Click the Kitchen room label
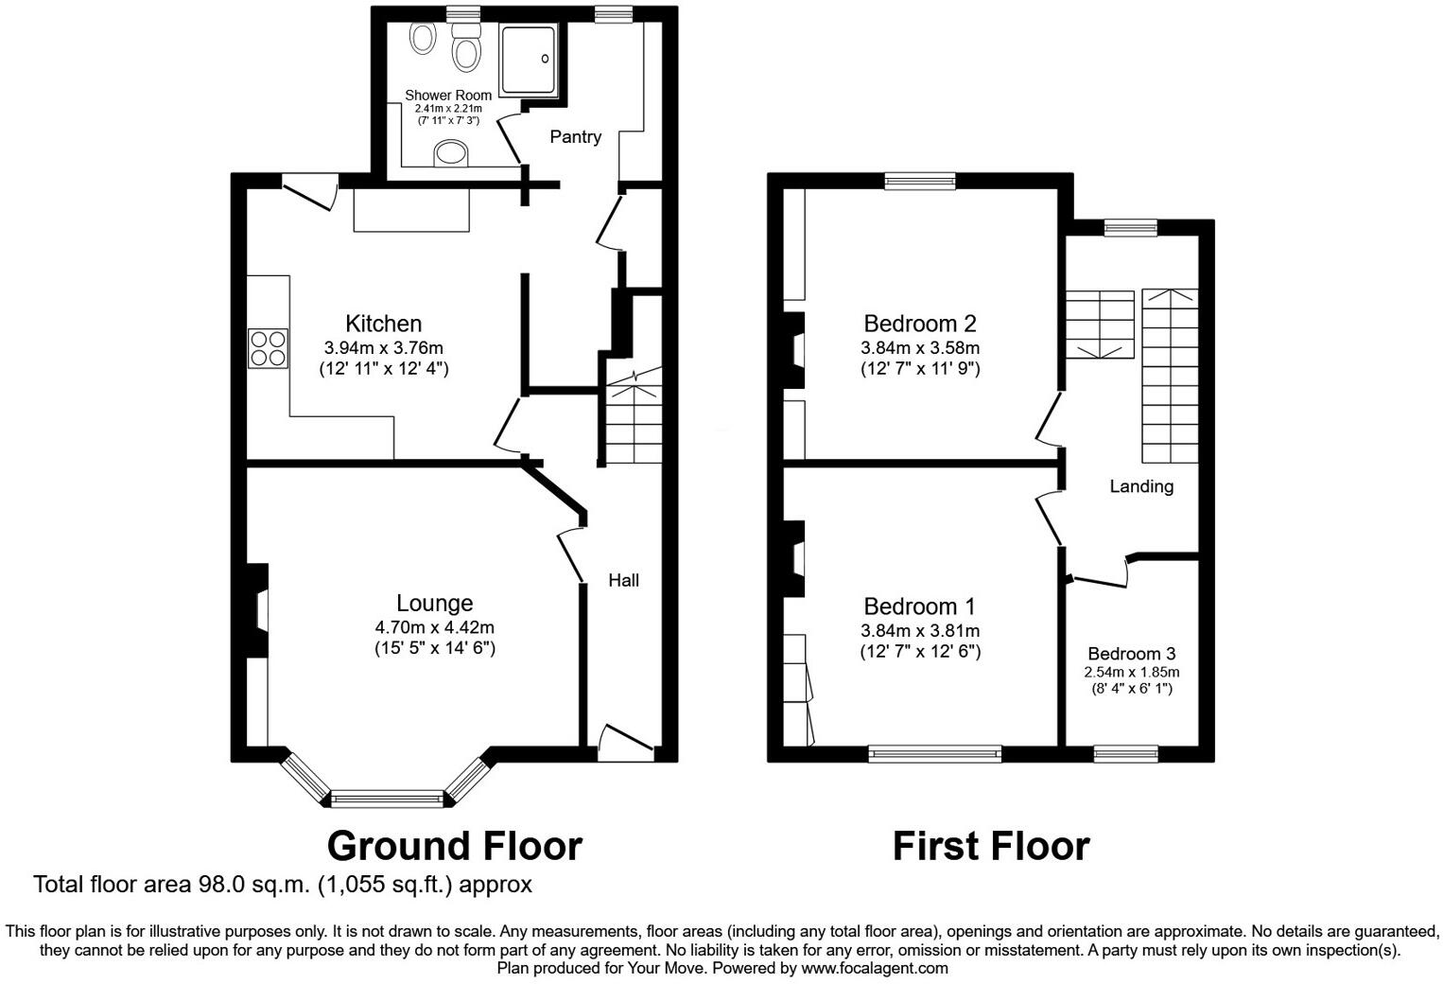pos(383,324)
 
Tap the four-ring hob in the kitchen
pos(268,348)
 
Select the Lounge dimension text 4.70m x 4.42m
pos(434,627)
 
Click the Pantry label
pos(575,137)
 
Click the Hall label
pos(623,580)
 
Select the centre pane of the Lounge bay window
pos(387,799)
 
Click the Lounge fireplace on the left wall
pos(257,610)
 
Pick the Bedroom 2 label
pos(919,324)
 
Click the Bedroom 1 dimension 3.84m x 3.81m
pos(919,631)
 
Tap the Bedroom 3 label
pos(1131,654)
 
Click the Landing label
pos(1141,486)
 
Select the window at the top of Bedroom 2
pos(919,181)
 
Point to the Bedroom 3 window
pos(1125,754)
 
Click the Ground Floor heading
pos(454,845)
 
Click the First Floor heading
pos(990,845)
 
